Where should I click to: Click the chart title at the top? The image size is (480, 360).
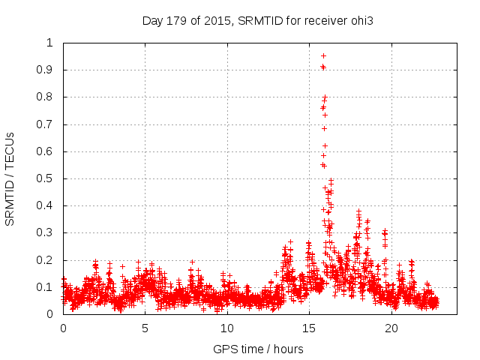pos(258,20)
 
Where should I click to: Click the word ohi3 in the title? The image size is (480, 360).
pos(361,20)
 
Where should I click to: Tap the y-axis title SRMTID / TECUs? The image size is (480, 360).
pos(10,178)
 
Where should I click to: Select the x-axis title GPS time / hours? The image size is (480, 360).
pos(258,349)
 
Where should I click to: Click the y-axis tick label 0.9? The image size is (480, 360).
pos(49,70)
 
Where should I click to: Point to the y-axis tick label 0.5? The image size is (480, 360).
pos(49,178)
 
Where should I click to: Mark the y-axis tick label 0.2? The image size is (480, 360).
pos(49,260)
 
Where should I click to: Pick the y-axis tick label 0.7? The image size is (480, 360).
pos(49,124)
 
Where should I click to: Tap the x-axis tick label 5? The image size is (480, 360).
pos(145,328)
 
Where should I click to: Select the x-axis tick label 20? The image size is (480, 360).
pos(390,328)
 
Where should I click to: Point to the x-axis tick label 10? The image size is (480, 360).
pos(226,328)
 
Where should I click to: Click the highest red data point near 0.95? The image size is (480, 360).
pos(323,55)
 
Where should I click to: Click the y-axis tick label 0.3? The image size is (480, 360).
pos(49,233)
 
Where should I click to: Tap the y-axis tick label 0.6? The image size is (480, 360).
pos(49,151)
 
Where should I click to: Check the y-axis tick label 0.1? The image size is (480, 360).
pos(49,287)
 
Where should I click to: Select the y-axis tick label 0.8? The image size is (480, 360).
pos(49,97)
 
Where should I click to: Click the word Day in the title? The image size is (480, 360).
pos(152,20)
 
